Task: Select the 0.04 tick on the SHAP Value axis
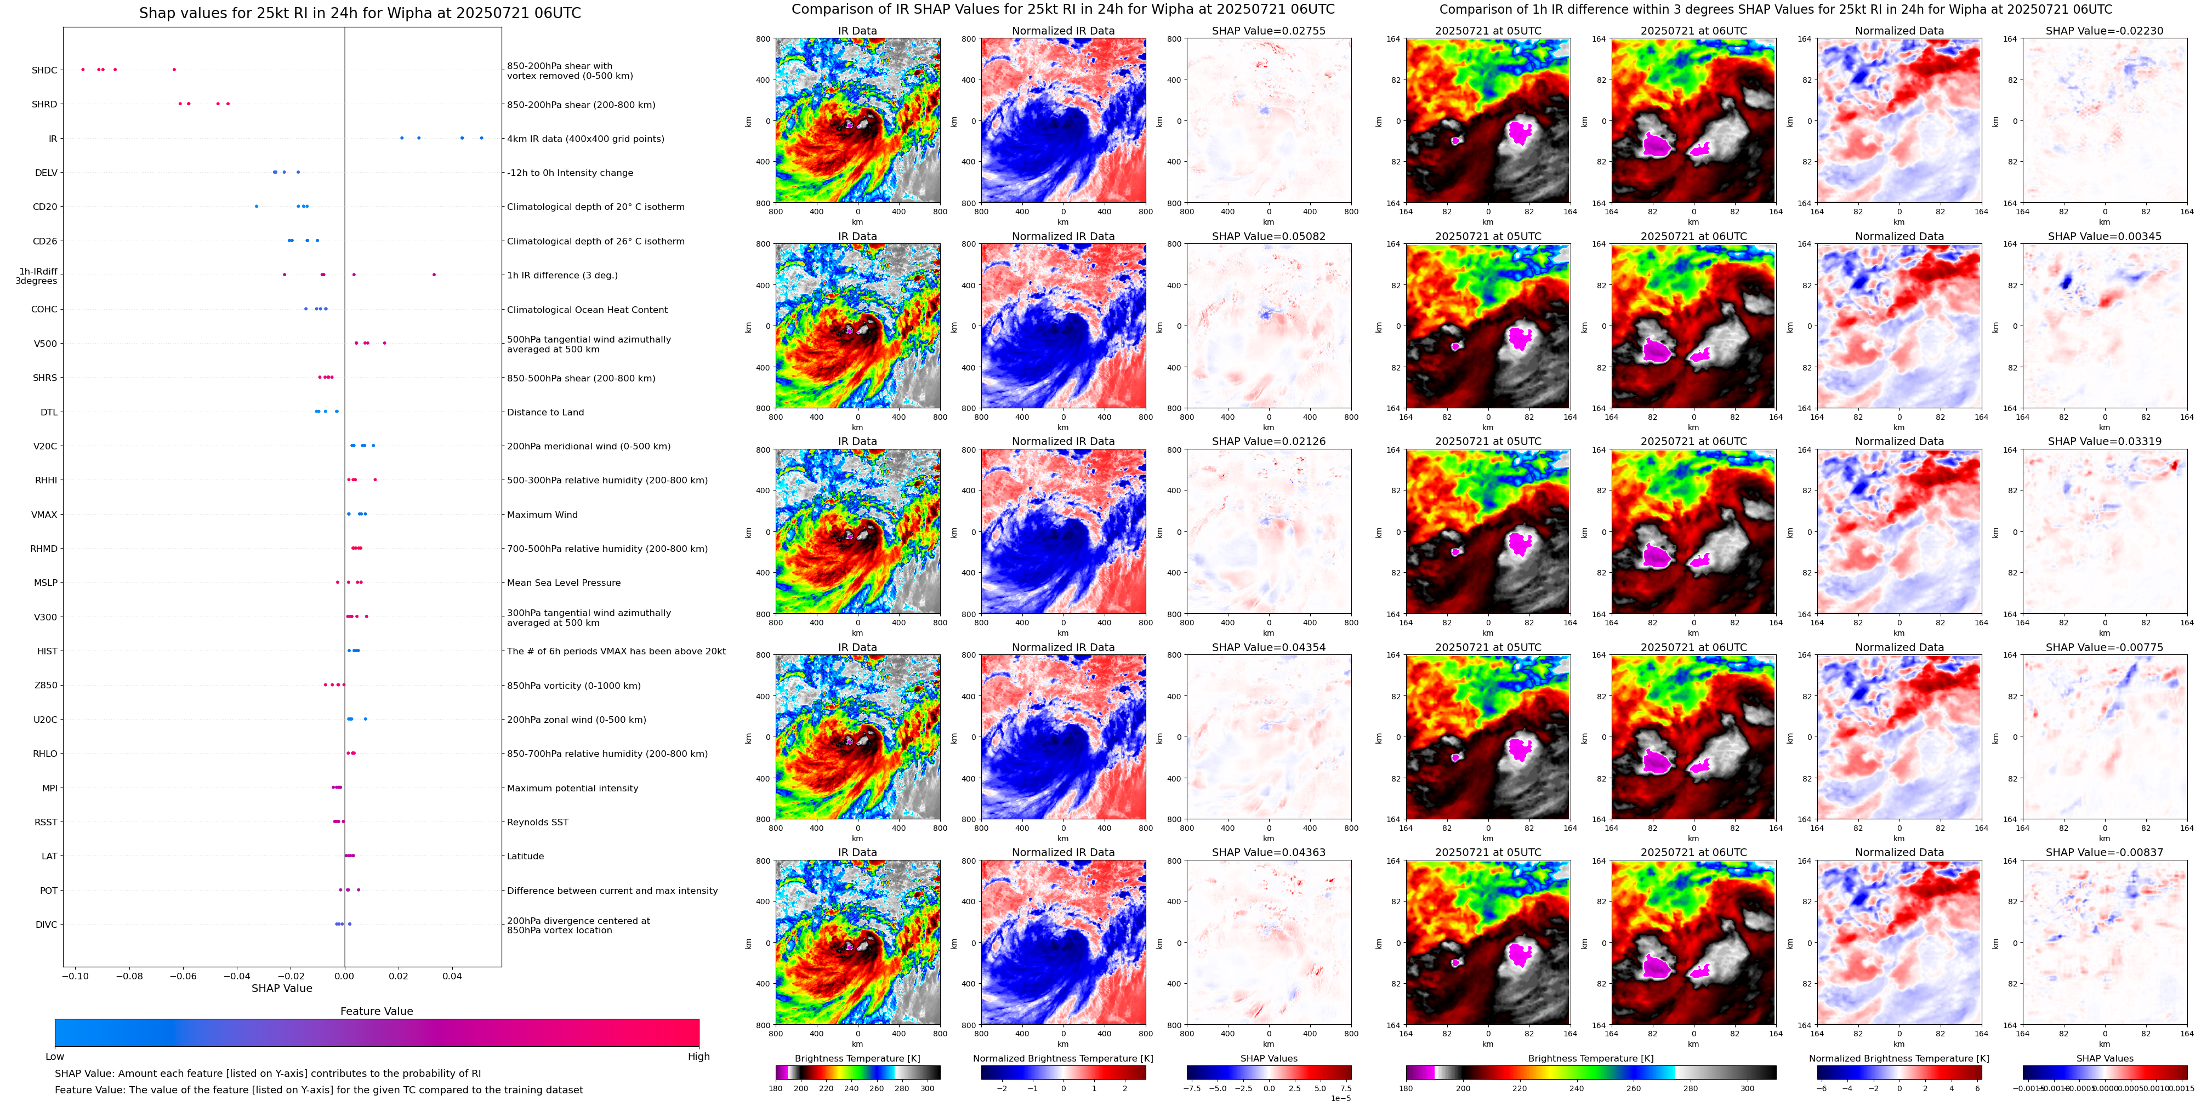coord(452,976)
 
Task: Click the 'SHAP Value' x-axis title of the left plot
coord(281,988)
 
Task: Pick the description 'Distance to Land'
coord(545,413)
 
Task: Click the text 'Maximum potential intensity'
coord(572,789)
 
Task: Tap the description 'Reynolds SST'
coord(537,823)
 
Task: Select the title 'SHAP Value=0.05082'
coord(1268,237)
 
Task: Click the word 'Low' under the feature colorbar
coord(55,1057)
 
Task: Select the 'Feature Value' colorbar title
coord(376,1011)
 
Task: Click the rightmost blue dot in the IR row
coord(481,138)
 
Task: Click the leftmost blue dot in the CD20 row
coord(257,206)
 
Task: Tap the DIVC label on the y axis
coord(46,925)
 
